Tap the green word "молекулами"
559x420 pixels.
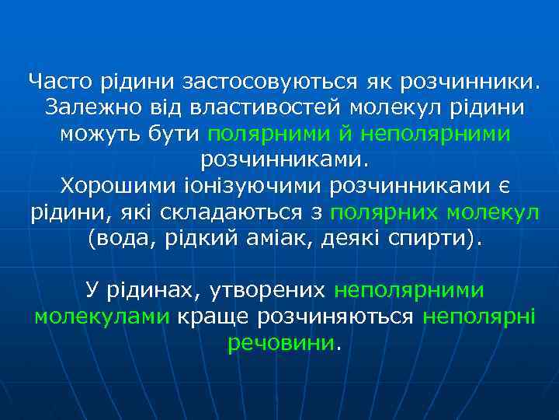point(101,317)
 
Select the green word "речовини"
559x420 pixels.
point(281,343)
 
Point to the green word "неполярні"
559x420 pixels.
point(475,317)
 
